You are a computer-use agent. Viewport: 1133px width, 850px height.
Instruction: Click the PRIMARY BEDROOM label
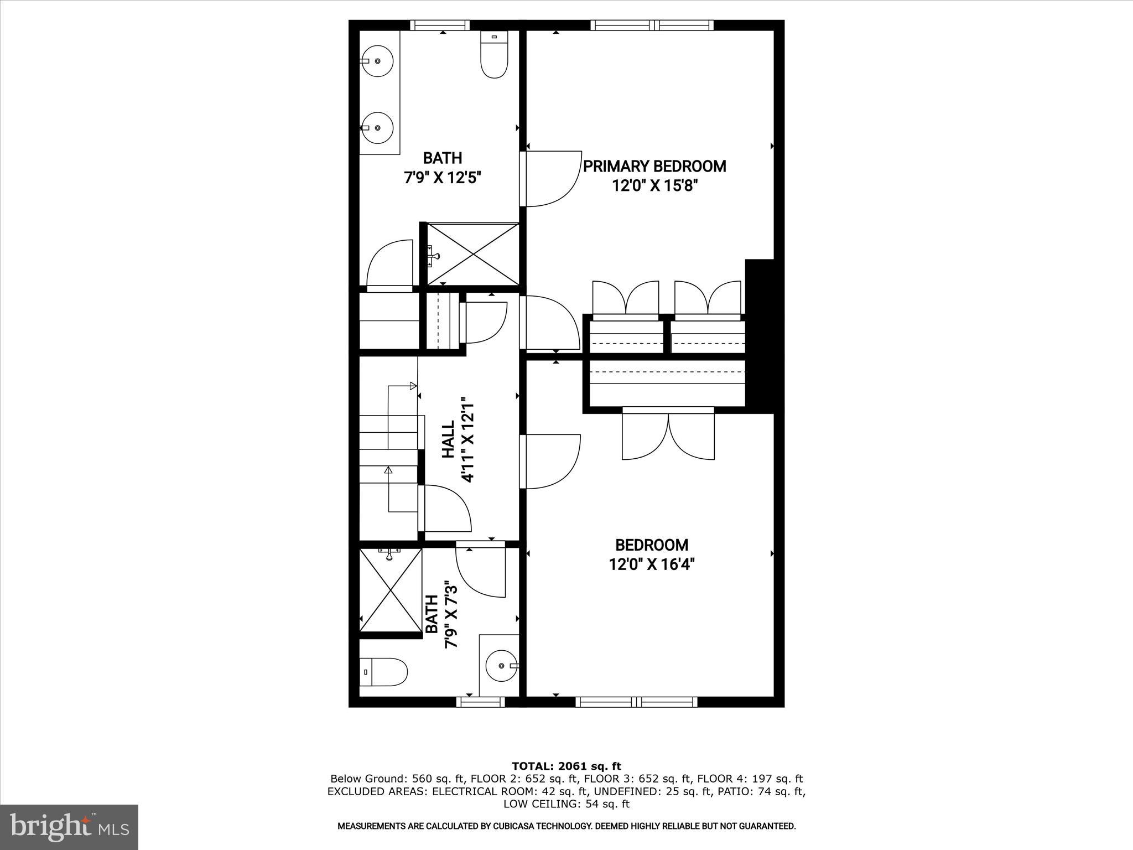(654, 166)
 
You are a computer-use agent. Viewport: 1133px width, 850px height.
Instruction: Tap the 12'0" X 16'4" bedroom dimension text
(651, 565)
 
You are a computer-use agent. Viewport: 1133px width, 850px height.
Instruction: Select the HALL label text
(448, 439)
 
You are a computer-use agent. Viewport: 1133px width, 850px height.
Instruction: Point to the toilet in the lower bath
(384, 672)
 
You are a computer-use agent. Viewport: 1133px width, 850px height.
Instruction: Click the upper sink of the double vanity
(378, 61)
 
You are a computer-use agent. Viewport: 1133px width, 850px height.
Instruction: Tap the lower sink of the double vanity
(378, 127)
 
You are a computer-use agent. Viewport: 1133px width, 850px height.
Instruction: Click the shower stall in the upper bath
(474, 254)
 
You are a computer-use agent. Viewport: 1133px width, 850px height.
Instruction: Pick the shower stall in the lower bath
(391, 589)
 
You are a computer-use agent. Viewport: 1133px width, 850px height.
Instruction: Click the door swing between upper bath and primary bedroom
(550, 178)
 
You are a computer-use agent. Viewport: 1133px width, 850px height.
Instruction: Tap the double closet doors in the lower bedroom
(668, 434)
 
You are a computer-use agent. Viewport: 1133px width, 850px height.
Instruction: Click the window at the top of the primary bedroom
(652, 25)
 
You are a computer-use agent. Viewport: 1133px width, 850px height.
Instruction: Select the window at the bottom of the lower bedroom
(636, 702)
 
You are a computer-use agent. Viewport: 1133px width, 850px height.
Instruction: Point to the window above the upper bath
(440, 25)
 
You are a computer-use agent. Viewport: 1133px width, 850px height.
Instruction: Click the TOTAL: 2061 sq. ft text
(566, 766)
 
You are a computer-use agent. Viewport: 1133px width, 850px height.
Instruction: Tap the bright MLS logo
(69, 827)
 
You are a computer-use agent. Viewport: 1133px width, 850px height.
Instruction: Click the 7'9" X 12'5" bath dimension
(443, 178)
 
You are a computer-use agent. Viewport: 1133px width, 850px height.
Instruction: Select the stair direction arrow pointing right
(412, 386)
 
